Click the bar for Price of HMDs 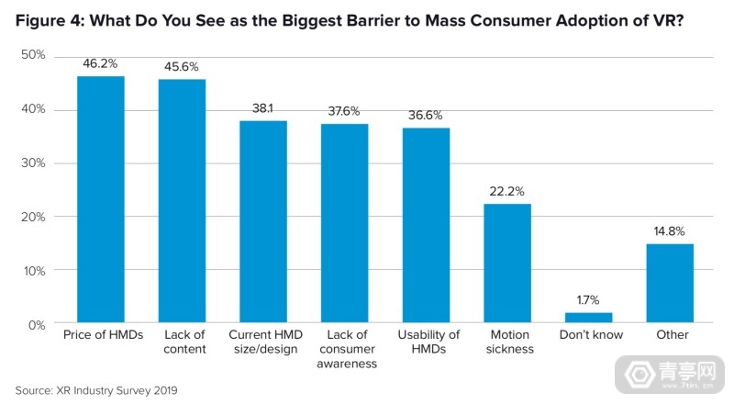(101, 200)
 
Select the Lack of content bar (182, 202)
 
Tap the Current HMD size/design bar (263, 222)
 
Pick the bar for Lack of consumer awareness (344, 224)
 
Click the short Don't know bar (588, 319)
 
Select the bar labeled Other (670, 284)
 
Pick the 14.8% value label (670, 232)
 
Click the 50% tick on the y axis (33, 56)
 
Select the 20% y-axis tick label (33, 217)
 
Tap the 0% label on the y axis (37, 324)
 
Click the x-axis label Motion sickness (507, 342)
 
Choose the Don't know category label (588, 335)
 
